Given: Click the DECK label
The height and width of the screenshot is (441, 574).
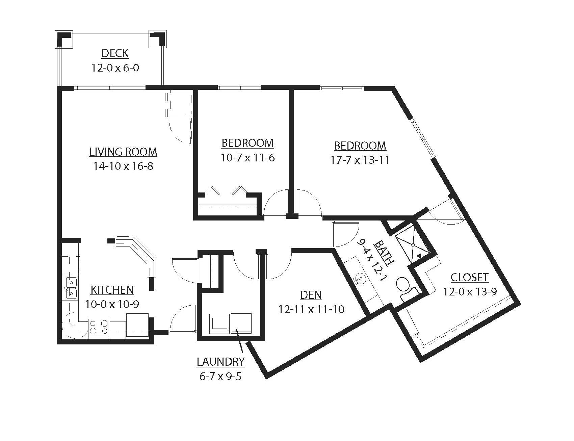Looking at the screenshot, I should [115, 53].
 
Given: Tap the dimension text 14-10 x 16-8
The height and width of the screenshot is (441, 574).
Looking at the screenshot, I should [123, 166].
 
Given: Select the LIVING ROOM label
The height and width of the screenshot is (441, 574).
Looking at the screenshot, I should [123, 152].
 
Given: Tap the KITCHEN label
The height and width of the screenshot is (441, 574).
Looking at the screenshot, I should [112, 290].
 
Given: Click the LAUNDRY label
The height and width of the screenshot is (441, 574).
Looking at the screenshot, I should [220, 362].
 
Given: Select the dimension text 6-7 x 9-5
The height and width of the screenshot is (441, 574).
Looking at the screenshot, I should [220, 376].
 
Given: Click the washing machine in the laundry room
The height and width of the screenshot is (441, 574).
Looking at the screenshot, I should [219, 323].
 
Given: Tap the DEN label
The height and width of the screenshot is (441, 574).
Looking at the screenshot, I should [311, 295].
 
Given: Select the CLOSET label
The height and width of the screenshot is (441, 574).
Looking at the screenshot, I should [469, 278].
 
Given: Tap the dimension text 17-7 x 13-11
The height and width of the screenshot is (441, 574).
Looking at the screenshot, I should [360, 160].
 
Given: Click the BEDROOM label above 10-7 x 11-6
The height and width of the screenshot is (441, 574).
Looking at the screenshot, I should [247, 143].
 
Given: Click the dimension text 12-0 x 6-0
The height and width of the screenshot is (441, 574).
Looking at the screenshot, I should [115, 68].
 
